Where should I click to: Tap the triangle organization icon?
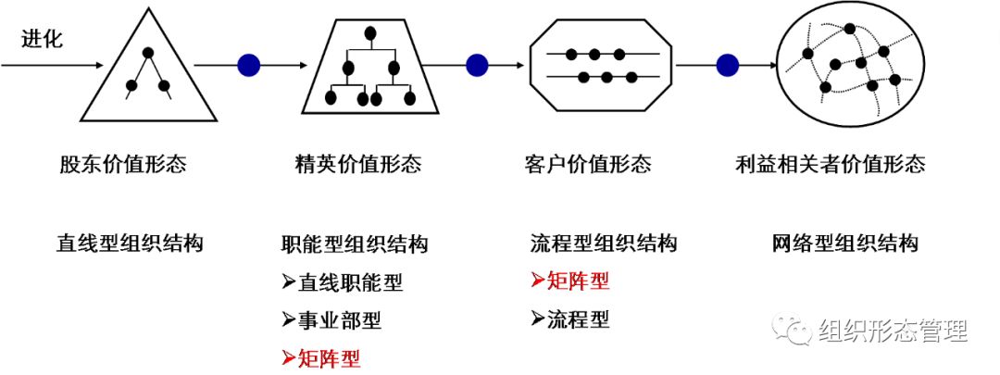[148, 74]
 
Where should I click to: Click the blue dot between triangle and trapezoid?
[249, 65]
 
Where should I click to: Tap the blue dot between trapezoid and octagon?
[477, 65]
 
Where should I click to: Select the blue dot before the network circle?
[728, 65]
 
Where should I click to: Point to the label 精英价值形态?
[357, 165]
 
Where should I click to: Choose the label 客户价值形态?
[587, 165]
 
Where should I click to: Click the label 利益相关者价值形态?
[830, 165]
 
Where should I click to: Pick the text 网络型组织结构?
[844, 244]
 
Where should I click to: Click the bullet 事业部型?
[331, 320]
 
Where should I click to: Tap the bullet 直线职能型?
[343, 282]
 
